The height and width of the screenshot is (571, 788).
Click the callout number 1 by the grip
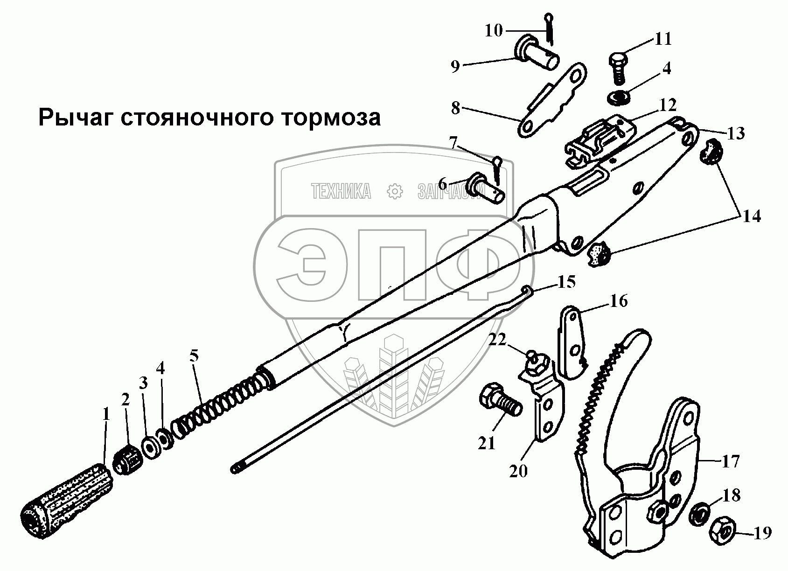[105, 414]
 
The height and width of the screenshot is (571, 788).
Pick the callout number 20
[518, 471]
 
